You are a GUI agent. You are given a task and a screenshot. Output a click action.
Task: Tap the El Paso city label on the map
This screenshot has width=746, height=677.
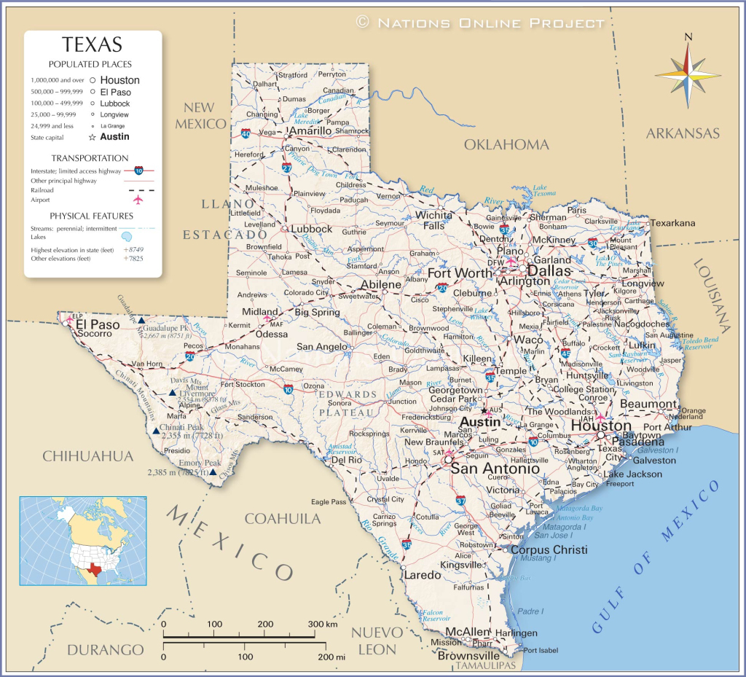point(98,324)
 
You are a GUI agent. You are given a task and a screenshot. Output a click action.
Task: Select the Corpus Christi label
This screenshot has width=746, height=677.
point(549,549)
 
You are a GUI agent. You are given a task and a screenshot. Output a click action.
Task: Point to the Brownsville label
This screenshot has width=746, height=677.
point(468,655)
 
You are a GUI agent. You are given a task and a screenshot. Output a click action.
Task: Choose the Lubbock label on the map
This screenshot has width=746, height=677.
point(311,228)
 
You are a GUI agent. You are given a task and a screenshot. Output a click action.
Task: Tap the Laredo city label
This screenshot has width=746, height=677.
point(423,575)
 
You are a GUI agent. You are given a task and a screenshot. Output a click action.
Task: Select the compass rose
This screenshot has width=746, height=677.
point(688,71)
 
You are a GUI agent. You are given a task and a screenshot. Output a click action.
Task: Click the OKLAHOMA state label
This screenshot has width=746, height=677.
point(506,144)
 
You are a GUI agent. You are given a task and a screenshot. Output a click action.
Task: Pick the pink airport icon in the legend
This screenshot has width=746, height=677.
point(138,199)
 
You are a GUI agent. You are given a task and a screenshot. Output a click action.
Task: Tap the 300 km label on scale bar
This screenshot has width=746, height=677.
point(321,625)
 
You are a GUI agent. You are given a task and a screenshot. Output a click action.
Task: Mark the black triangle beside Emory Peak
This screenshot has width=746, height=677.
point(212,472)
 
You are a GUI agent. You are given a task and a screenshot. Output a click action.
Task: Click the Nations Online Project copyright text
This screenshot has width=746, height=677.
point(482,23)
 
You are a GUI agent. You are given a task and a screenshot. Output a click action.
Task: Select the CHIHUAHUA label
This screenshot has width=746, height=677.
point(88,456)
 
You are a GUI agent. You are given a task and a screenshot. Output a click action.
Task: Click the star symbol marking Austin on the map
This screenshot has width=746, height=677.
point(484,410)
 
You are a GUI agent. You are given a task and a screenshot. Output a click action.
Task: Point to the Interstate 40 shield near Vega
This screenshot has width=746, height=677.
point(246,134)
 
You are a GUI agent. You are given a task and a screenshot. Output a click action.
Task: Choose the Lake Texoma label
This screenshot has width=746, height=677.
point(540,191)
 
